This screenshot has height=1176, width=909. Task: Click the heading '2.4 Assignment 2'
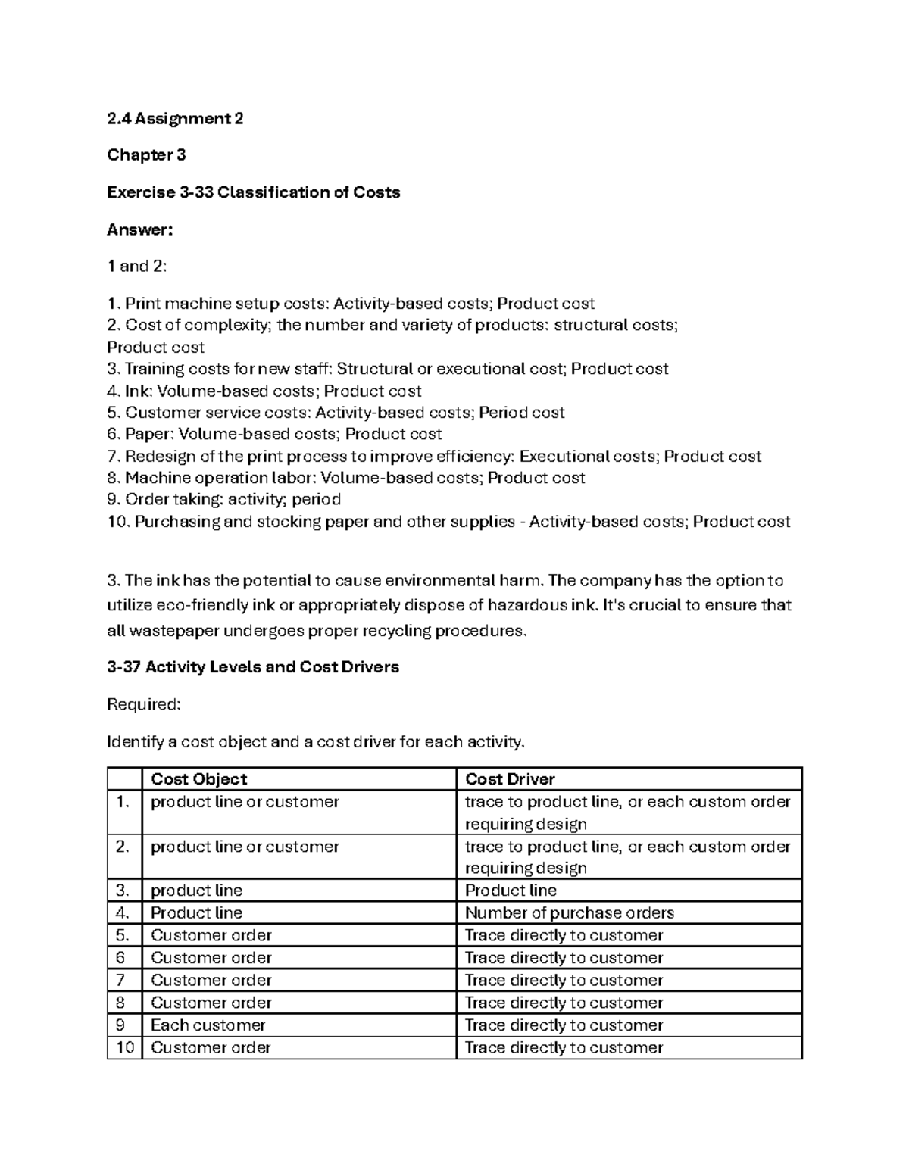coord(175,118)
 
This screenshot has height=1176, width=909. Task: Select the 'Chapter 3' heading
coord(146,155)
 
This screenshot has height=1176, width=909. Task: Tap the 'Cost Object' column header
coord(199,779)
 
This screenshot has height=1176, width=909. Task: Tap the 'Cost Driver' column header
coord(510,779)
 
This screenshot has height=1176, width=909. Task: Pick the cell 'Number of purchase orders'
coord(569,913)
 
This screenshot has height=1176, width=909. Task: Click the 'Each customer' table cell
coord(208,1025)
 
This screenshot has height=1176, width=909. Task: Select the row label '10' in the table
coord(125,1048)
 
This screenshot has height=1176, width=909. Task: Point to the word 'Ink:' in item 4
coord(139,391)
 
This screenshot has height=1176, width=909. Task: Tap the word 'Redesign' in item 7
coord(159,457)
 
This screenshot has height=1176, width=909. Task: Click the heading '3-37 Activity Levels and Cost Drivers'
coord(253,667)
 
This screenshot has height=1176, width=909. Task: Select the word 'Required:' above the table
coord(144,705)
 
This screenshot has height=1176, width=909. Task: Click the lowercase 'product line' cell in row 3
coord(196,891)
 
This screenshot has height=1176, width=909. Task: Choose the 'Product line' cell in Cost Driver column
coord(511,891)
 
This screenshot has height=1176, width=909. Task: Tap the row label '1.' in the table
coord(124,802)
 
